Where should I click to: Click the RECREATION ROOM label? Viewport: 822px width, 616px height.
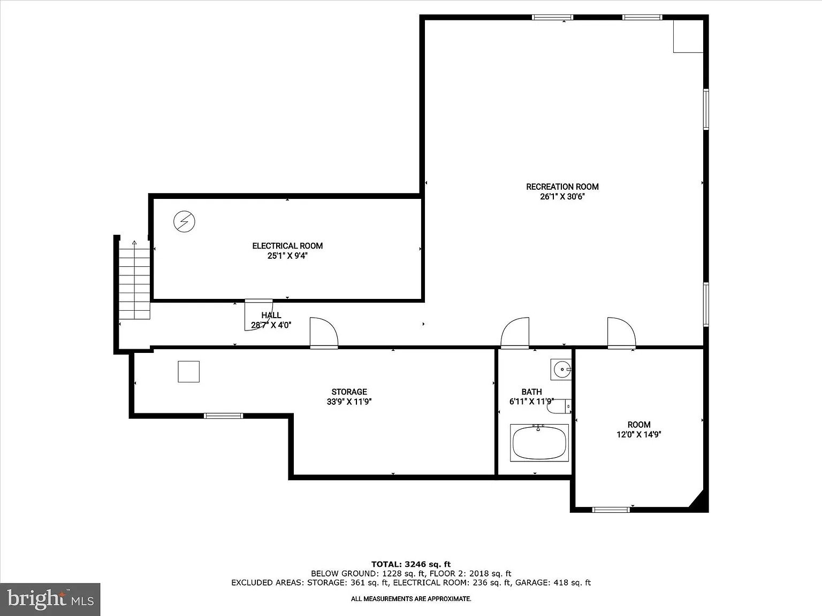point(562,187)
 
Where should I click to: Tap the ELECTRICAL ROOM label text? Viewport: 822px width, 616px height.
point(287,246)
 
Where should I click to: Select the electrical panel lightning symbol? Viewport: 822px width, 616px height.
point(184,222)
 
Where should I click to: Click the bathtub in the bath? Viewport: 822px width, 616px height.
point(539,443)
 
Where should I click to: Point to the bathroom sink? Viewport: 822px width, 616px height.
point(561,369)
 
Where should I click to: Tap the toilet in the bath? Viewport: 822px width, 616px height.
point(559,406)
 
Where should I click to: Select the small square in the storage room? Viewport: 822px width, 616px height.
point(188,372)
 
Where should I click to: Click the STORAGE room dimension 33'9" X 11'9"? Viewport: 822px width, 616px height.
point(349,402)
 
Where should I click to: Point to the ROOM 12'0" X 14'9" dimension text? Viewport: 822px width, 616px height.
point(639,434)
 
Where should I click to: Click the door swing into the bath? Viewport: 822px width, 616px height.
point(515,333)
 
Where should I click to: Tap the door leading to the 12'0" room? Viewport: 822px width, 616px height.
point(621,333)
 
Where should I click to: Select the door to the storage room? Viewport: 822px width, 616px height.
point(324,333)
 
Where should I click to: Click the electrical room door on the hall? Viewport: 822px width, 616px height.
point(258,315)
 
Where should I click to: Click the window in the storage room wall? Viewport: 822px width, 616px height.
point(224,415)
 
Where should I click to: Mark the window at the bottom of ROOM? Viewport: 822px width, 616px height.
point(611,510)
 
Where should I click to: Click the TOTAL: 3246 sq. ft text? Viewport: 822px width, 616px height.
point(411,564)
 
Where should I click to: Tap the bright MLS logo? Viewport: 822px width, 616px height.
point(50,599)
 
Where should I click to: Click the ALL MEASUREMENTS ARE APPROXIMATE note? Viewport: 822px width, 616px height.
point(411,599)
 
